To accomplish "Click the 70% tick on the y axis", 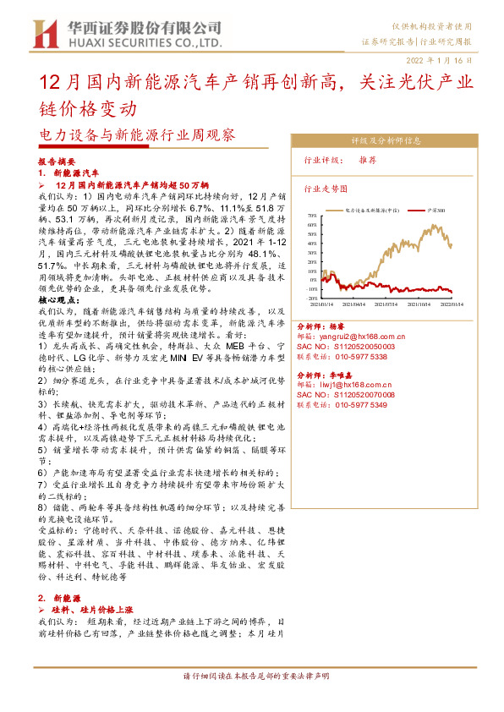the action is pos(310,216).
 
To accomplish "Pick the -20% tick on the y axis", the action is pos(310,298).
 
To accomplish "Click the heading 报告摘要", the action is pos(58,161).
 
